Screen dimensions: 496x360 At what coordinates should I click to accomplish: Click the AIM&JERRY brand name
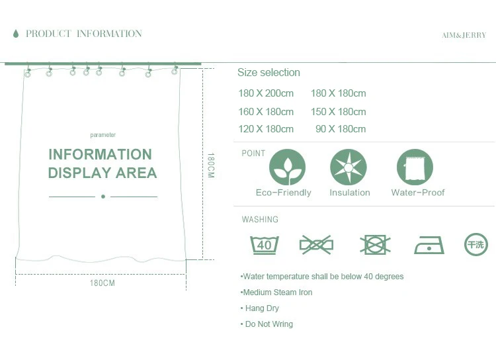coord(464,35)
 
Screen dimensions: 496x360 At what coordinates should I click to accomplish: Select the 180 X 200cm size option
coord(266,93)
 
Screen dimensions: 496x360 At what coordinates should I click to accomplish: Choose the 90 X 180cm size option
coord(341,129)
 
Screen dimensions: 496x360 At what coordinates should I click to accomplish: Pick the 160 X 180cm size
coord(266,111)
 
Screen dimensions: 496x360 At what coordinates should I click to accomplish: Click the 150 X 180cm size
coord(338,111)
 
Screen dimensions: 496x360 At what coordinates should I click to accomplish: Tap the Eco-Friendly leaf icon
coord(287,167)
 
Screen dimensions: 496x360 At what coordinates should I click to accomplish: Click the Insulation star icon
coord(349,167)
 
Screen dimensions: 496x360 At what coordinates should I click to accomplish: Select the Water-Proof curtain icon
coord(415,167)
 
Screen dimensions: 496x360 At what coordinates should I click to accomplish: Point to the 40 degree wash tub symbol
coord(265,245)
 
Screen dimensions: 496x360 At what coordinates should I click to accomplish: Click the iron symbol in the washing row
coord(429,245)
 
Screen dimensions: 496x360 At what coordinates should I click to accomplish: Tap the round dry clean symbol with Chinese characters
coord(476,244)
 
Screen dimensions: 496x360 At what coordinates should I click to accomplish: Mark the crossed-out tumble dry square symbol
coord(375,245)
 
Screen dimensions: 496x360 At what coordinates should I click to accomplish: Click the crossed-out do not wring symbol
coord(317,245)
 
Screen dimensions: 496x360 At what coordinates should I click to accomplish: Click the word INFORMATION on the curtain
coord(100,154)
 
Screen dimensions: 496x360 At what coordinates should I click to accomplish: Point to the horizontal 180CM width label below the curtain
coord(103,283)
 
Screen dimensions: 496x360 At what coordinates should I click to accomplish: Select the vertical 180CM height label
coord(211,165)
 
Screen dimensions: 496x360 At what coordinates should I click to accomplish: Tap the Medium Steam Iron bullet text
coord(277,292)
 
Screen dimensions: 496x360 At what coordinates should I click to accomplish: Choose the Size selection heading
coord(269,73)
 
